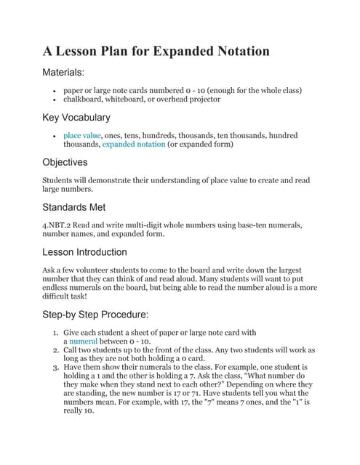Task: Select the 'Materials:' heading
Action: (64, 73)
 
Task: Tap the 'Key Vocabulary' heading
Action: (76, 117)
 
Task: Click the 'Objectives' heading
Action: (65, 162)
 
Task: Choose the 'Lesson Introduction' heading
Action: (84, 252)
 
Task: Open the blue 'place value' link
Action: (81, 136)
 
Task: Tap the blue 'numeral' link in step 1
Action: (84, 341)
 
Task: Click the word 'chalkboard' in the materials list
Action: (84, 100)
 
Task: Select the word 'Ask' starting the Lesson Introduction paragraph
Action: (49, 270)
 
